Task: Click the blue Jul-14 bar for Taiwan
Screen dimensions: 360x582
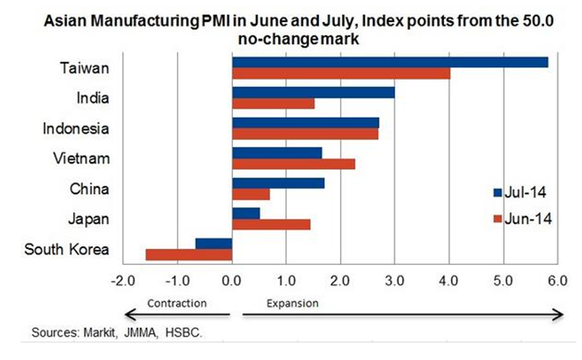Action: coord(389,63)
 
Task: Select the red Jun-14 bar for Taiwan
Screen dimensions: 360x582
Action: coord(341,74)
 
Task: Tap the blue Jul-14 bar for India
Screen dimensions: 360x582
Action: coord(313,93)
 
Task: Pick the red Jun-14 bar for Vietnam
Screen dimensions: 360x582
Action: coord(293,164)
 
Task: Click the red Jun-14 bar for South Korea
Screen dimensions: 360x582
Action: coord(189,255)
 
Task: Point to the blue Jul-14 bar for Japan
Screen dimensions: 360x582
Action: coord(246,213)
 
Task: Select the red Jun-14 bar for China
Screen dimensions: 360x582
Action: coord(251,194)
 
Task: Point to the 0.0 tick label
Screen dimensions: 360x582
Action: coord(232,281)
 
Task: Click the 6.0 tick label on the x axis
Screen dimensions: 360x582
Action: coord(557,281)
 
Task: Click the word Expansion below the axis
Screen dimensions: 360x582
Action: coord(292,303)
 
